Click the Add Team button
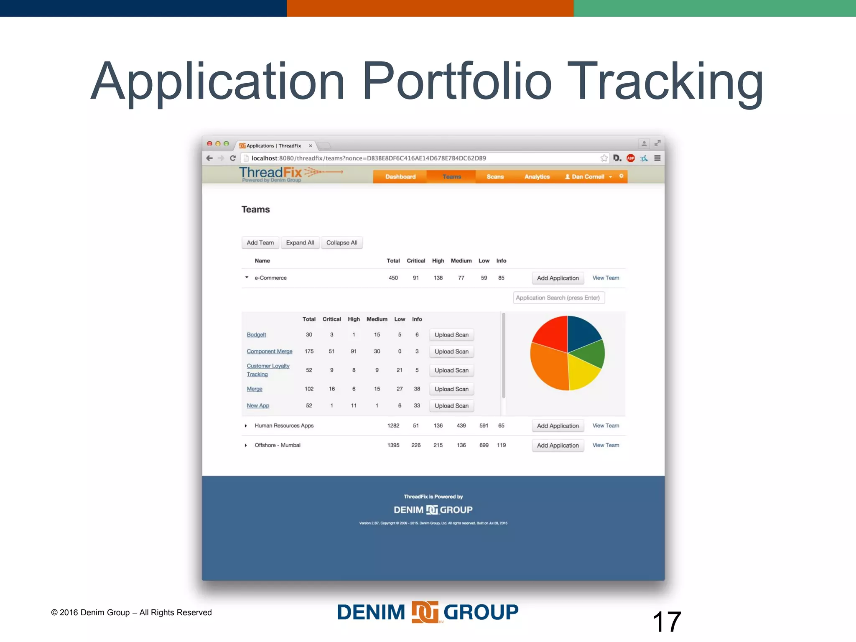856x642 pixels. [260, 243]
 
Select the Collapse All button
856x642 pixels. [341, 243]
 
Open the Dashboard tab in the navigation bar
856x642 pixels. [400, 177]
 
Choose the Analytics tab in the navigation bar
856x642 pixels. [537, 177]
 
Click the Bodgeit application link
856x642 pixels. [256, 335]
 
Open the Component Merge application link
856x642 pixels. [269, 352]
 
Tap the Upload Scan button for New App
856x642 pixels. [451, 406]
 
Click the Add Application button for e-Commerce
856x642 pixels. [558, 278]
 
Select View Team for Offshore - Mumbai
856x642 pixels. [606, 445]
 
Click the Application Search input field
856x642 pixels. [558, 298]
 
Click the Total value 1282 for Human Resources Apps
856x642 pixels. [393, 426]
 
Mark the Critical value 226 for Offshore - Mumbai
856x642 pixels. [416, 446]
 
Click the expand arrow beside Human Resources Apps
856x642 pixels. [246, 426]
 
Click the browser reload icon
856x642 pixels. [233, 158]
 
